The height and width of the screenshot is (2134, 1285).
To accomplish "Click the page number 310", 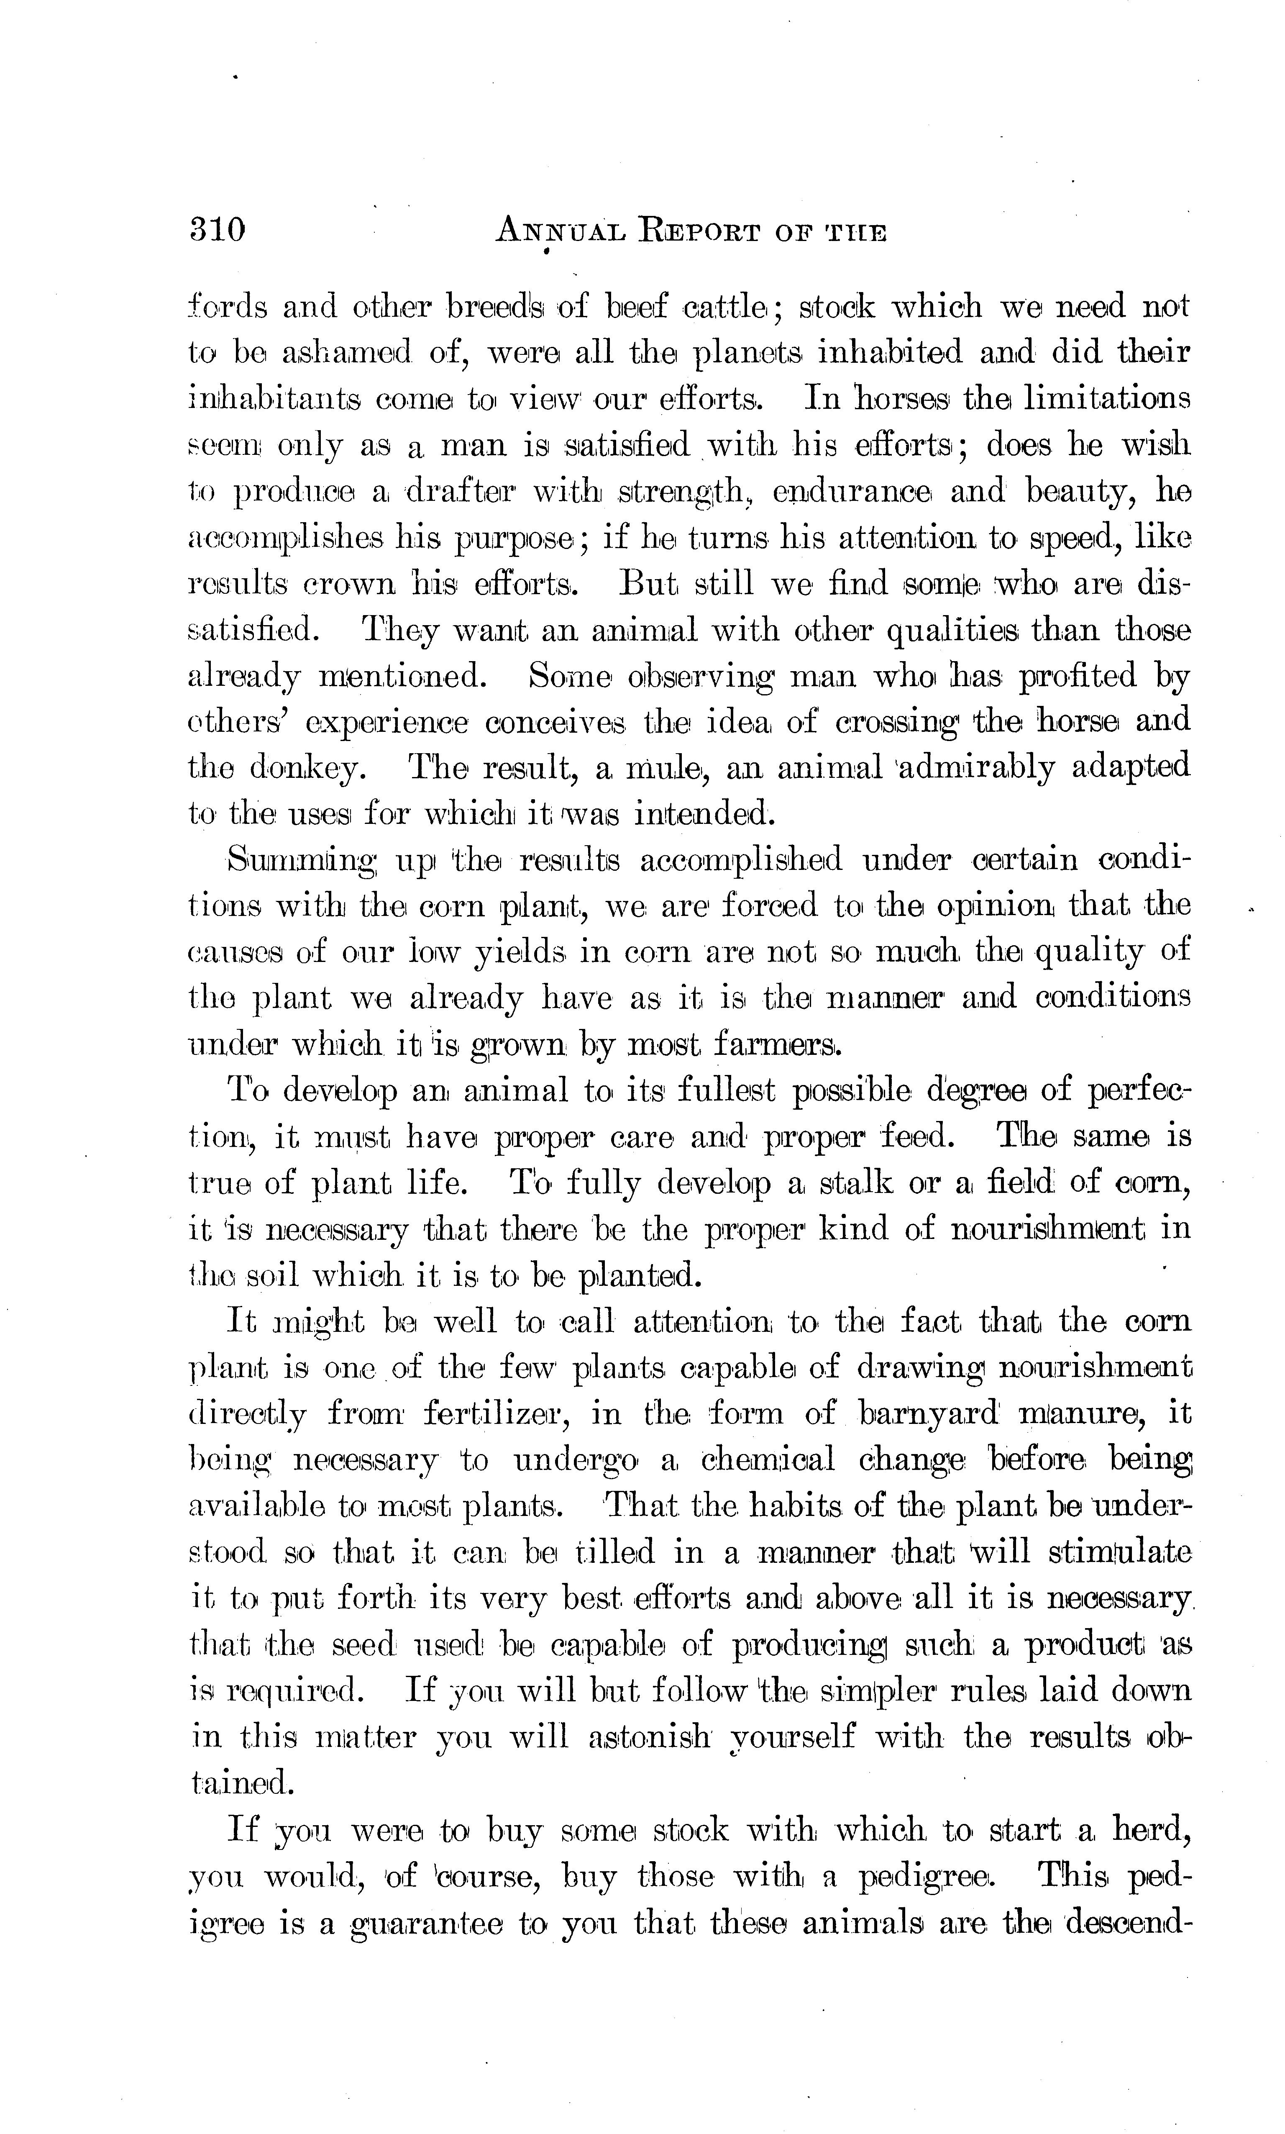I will [218, 229].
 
